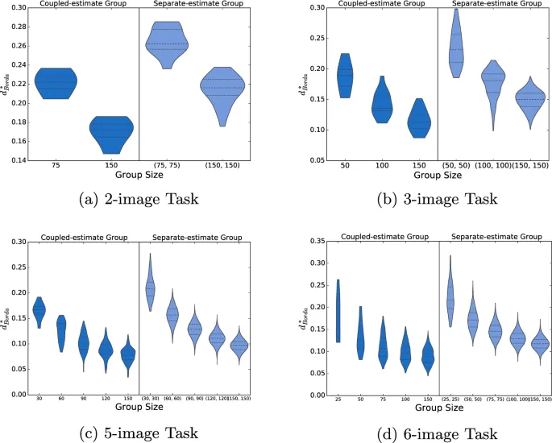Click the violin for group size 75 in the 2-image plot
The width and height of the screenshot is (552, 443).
pos(56,81)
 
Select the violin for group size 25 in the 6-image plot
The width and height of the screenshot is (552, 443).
pos(338,310)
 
